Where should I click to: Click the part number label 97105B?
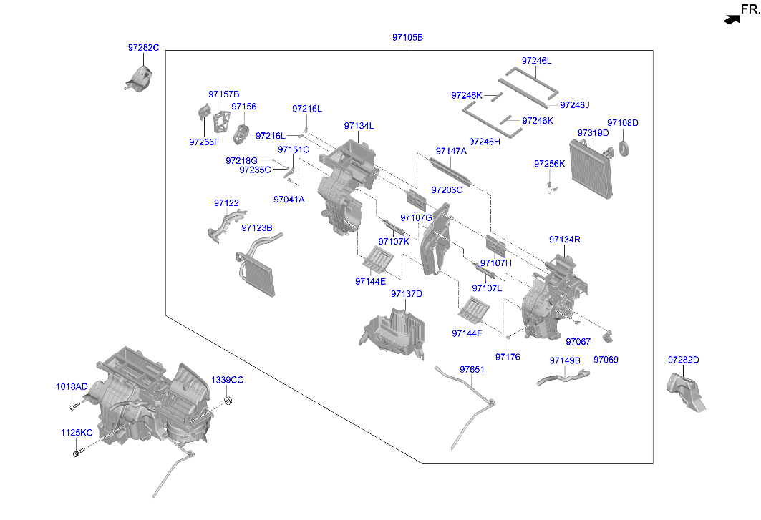(407, 37)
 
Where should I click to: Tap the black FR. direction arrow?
(732, 19)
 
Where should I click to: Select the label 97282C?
(143, 47)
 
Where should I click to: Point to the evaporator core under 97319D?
(591, 170)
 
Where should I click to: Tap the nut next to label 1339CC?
(228, 401)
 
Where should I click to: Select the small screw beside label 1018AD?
(74, 406)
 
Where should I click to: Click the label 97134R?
(564, 240)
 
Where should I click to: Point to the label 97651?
(472, 370)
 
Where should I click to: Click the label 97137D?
(407, 294)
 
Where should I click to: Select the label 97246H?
(485, 142)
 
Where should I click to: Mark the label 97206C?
(447, 190)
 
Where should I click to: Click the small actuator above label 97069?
(607, 335)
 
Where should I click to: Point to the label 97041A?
(289, 200)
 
